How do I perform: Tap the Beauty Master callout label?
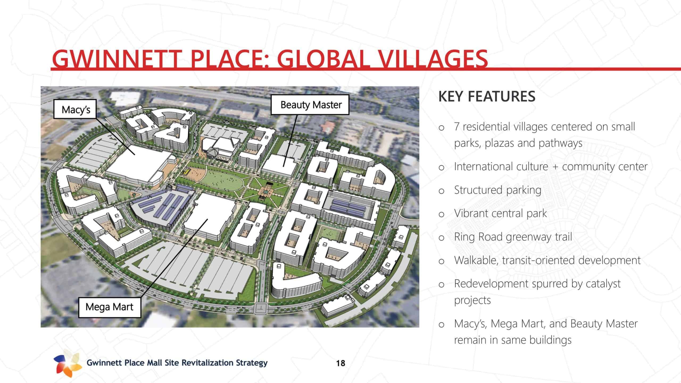tap(310, 105)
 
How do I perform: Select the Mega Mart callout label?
tap(110, 307)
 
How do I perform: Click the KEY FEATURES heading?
tap(487, 96)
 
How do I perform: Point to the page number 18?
tap(340, 363)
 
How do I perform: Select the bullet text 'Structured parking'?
tap(497, 190)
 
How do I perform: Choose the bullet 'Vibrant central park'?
tap(500, 213)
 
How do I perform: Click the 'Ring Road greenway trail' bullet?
tap(513, 237)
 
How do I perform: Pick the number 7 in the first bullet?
tap(457, 127)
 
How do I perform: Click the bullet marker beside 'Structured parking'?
tap(441, 191)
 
